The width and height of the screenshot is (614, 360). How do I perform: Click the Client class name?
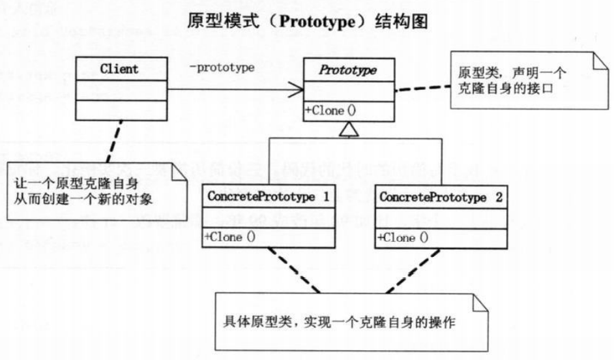coord(119,69)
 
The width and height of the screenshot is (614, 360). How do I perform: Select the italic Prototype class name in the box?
coord(349,70)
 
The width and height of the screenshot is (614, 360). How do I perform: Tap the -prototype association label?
coord(222,68)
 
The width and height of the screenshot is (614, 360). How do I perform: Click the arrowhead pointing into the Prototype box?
coord(297,90)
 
